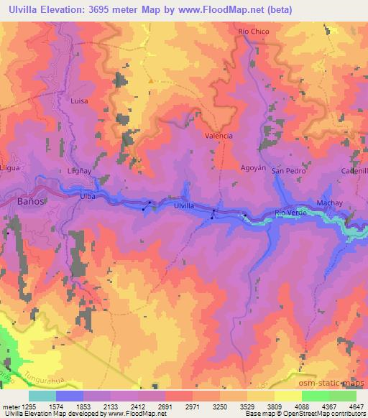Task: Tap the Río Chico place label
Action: pyautogui.click(x=253, y=32)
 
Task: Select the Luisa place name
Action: pyautogui.click(x=79, y=101)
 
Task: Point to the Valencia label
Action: pyautogui.click(x=218, y=135)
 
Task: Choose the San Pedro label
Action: pyautogui.click(x=288, y=172)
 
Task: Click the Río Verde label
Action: pyautogui.click(x=291, y=213)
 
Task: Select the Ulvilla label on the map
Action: pyautogui.click(x=183, y=206)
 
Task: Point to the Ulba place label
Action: pyautogui.click(x=88, y=195)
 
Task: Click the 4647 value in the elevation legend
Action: pyautogui.click(x=356, y=406)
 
